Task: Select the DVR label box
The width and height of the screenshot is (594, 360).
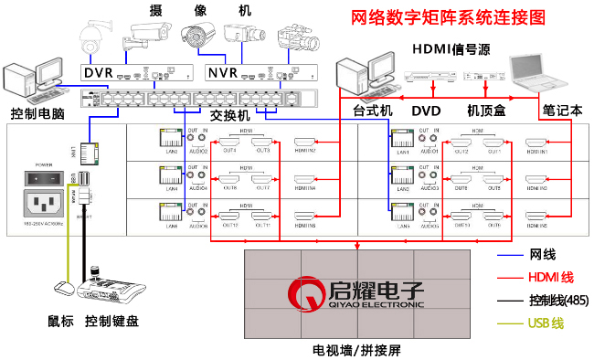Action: point(97,71)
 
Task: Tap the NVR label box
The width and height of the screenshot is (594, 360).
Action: point(221,71)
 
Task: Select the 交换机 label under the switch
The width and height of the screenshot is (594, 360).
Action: point(228,116)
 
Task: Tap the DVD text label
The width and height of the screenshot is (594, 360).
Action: point(426,111)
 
